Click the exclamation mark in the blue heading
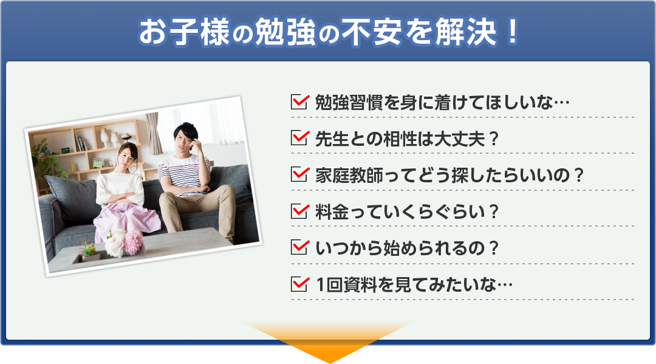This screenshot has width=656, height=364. click(512, 32)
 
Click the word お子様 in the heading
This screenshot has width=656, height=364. click(184, 32)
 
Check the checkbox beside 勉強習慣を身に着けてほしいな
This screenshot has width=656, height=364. click(300, 101)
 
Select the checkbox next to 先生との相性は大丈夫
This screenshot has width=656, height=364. click(300, 138)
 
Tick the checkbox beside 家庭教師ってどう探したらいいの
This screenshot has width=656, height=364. click(300, 174)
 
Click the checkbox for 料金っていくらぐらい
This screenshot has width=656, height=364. click(300, 211)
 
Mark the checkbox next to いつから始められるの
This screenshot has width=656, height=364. click(300, 248)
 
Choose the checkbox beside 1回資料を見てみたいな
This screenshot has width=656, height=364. click(300, 284)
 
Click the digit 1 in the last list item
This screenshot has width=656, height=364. click(321, 285)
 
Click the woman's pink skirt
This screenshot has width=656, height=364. click(126, 221)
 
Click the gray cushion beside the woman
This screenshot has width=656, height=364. click(71, 197)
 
